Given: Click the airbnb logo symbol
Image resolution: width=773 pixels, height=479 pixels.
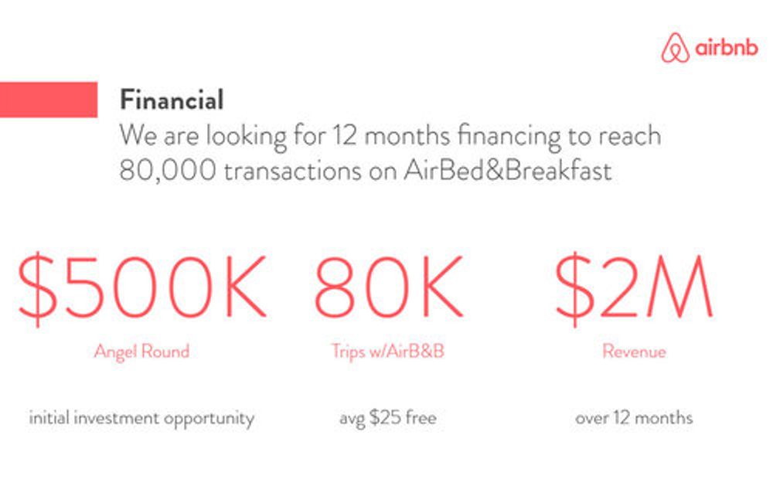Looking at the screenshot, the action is pyautogui.click(x=675, y=48).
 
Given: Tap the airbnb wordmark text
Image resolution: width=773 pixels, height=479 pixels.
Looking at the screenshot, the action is pyautogui.click(x=726, y=47).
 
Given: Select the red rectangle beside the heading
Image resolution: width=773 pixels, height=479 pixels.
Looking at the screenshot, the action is pyautogui.click(x=48, y=100).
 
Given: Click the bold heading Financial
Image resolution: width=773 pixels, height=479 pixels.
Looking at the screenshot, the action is pyautogui.click(x=172, y=100).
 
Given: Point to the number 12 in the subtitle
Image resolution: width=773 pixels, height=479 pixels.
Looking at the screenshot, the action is pyautogui.click(x=344, y=135).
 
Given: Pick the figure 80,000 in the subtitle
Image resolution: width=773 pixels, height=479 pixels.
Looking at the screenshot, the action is pyautogui.click(x=168, y=171).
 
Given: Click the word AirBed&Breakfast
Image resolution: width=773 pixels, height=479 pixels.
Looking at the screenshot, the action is pyautogui.click(x=508, y=171).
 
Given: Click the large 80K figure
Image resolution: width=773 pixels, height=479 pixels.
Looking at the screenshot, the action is pyautogui.click(x=389, y=288).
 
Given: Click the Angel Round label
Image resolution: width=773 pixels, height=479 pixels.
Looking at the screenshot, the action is pyautogui.click(x=142, y=352).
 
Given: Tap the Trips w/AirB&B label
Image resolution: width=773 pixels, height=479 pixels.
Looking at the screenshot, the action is pyautogui.click(x=388, y=352).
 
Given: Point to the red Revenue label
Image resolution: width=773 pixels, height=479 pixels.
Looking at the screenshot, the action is pyautogui.click(x=634, y=352).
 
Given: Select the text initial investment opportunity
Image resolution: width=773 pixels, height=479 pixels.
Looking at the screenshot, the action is pyautogui.click(x=141, y=419).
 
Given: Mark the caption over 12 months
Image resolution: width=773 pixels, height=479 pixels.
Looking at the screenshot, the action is pyautogui.click(x=634, y=418).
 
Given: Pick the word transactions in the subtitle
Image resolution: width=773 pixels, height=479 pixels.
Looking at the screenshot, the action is pyautogui.click(x=293, y=171).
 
